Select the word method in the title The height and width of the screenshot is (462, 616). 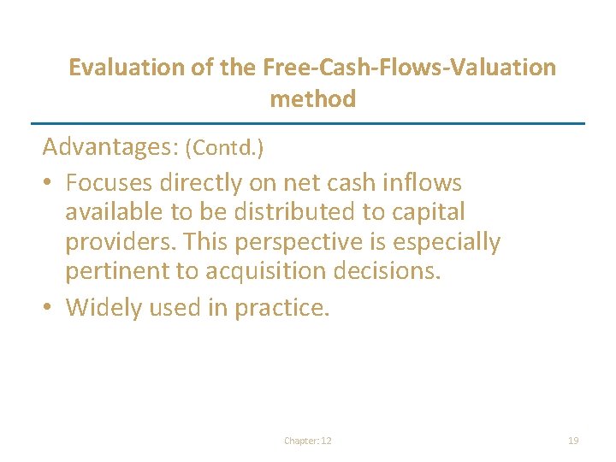point(312,99)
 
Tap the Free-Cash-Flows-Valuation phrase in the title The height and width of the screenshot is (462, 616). point(410,67)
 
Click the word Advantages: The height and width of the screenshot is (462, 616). point(110,147)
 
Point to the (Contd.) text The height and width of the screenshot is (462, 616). point(224,148)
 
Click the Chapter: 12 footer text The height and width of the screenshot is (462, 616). point(308,441)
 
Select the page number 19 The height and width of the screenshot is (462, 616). point(573,441)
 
